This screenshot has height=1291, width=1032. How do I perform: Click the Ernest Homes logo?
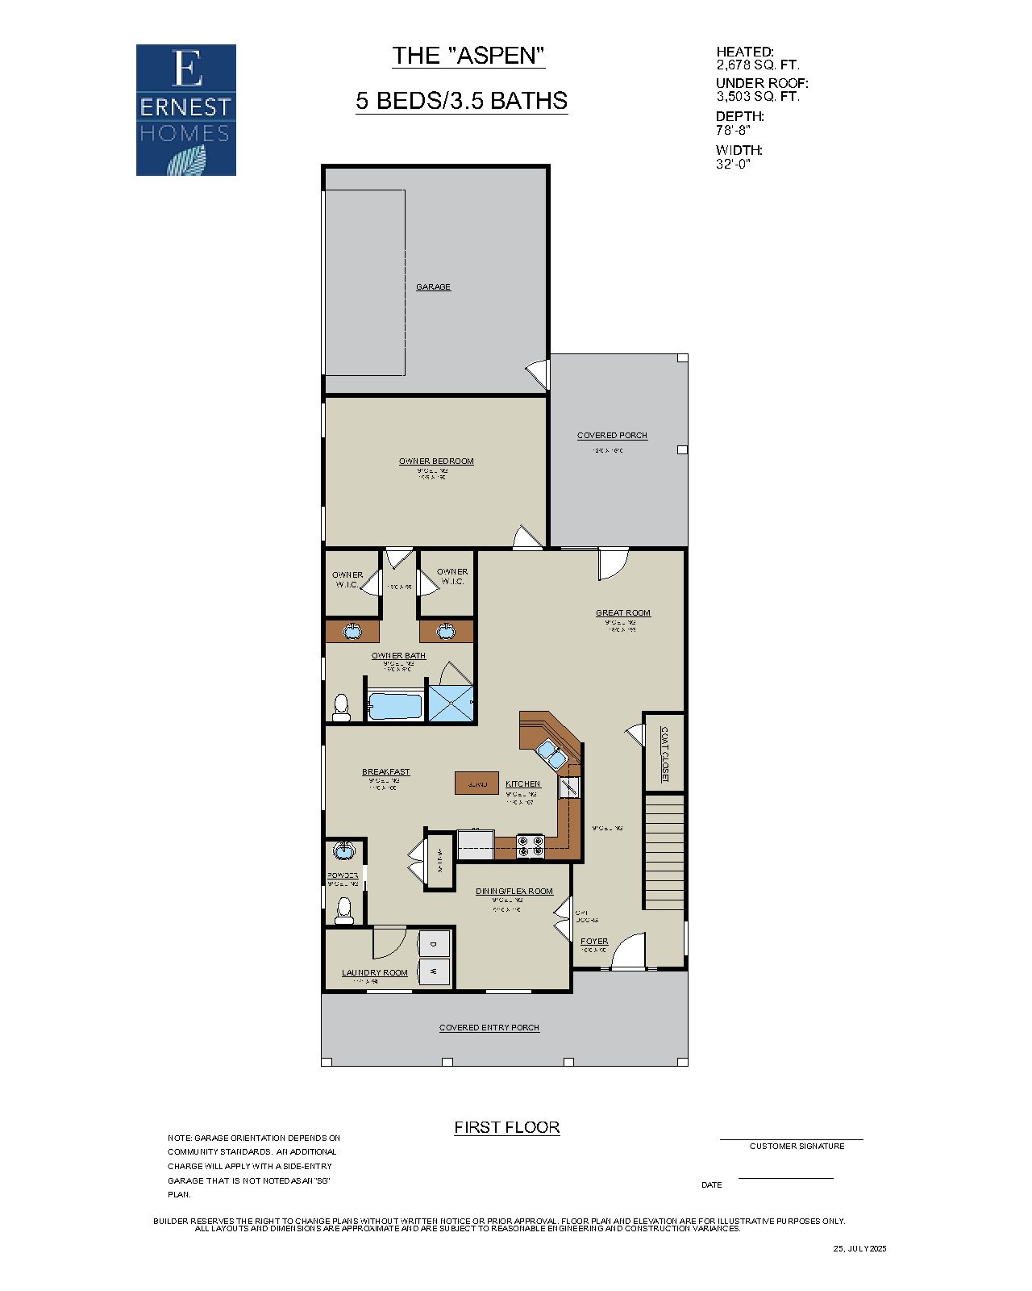point(185,110)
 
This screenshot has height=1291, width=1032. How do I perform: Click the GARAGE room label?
point(433,287)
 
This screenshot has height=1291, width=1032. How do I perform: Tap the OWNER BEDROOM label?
point(436,462)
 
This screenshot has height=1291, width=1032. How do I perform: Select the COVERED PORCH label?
point(612,436)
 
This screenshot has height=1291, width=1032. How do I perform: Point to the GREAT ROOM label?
point(622,613)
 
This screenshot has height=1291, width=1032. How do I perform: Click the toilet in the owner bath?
point(341,708)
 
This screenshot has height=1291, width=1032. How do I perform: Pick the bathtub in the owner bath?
point(395,706)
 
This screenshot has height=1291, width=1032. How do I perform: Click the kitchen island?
point(476,783)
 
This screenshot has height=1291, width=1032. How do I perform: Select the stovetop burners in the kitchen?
point(530,846)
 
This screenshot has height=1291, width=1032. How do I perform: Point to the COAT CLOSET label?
point(664,754)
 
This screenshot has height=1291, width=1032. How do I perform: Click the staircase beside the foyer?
point(664,851)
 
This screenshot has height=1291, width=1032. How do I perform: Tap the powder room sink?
point(345,850)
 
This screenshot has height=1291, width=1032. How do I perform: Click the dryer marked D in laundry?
point(434,943)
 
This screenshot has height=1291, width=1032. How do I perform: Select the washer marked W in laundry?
point(434,971)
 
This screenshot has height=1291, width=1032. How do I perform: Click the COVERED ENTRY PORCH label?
point(489,1028)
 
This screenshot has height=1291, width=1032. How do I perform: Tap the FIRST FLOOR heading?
point(506,1127)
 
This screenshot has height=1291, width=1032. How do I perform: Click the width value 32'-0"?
point(733,164)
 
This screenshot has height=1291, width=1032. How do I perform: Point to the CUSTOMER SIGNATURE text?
point(797,1146)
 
